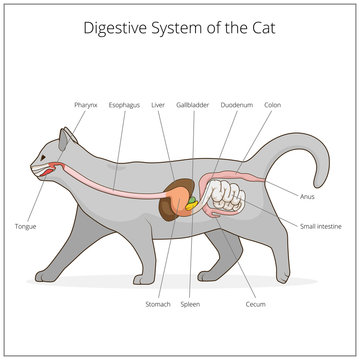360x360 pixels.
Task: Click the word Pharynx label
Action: [86, 103]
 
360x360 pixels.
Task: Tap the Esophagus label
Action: [123, 103]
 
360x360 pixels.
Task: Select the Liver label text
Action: [158, 103]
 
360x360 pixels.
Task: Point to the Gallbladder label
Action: [191, 103]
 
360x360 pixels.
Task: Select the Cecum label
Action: [254, 304]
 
